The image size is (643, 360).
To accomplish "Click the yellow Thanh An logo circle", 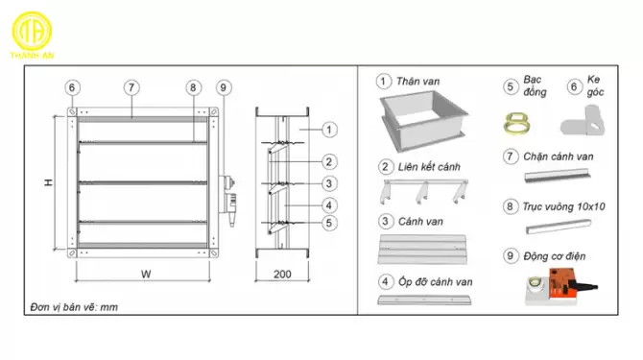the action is click(32, 31).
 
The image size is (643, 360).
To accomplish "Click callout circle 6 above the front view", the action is click(72, 87).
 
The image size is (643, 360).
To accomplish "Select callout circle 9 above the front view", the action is click(224, 87).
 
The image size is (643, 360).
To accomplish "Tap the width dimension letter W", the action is click(146, 274).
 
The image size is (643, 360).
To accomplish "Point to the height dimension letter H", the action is click(49, 182).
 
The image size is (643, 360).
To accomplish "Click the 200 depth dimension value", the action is click(282, 274).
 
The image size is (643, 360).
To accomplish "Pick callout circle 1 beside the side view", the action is click(329, 130).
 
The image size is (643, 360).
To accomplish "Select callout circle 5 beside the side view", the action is click(329, 223).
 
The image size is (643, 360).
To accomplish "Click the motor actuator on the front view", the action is click(227, 200).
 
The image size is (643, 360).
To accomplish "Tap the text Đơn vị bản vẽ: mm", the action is click(74, 307).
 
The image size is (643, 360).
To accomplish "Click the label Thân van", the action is click(417, 82).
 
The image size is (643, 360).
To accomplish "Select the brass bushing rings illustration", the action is click(517, 124).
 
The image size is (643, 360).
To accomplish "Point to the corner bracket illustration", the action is click(583, 121).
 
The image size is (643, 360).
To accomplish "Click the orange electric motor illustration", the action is click(561, 287).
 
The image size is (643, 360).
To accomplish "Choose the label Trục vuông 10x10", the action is click(564, 206).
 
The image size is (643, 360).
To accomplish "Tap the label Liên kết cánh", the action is click(429, 167).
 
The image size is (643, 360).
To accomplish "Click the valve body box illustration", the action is click(424, 120).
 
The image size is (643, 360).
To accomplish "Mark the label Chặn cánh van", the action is click(559, 156).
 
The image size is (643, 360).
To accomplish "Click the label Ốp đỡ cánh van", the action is click(435, 281).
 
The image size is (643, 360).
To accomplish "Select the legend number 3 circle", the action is click(385, 222).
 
